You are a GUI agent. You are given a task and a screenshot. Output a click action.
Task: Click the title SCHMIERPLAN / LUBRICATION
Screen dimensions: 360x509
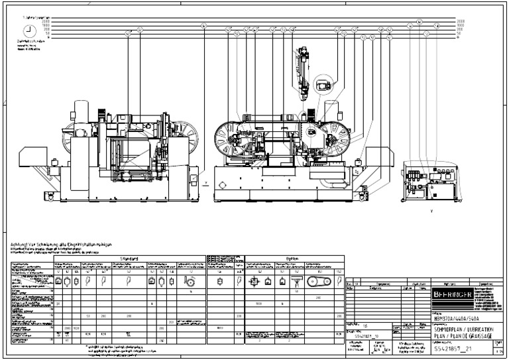(x=463, y=329)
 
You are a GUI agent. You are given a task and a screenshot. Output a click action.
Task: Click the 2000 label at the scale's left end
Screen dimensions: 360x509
(x=27, y=22)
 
